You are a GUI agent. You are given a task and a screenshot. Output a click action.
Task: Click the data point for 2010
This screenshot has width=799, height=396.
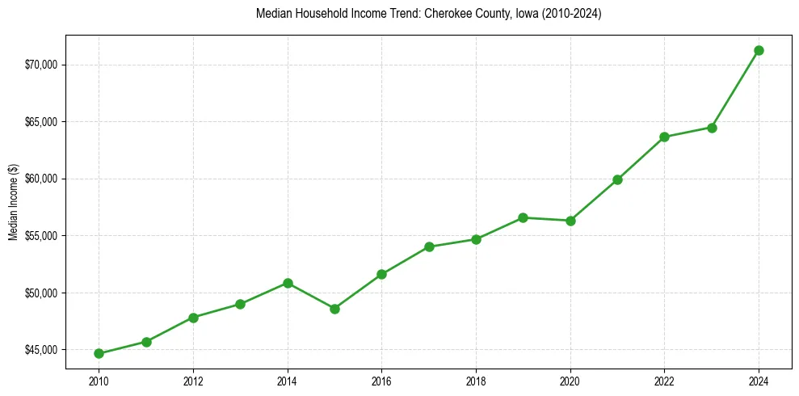pos(99,353)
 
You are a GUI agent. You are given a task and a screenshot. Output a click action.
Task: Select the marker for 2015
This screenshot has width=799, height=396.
pos(334,309)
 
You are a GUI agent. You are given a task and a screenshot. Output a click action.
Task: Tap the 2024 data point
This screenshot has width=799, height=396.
pos(759,50)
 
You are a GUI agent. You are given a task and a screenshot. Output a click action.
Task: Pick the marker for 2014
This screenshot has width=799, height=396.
pos(288,283)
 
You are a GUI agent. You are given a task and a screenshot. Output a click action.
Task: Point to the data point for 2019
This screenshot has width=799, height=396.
pos(523,217)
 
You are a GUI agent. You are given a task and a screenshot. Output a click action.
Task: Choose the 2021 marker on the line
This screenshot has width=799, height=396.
pos(617,179)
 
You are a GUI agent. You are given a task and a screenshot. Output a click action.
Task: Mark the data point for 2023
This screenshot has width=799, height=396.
pos(712,128)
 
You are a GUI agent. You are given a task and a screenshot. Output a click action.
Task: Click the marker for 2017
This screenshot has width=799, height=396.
pos(429,246)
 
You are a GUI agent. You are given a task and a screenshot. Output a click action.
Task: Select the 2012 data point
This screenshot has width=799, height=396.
pos(193,318)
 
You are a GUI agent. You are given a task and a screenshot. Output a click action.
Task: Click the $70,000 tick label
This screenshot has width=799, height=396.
pos(44,65)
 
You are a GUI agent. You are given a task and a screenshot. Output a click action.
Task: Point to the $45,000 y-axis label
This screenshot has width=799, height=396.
pos(44,350)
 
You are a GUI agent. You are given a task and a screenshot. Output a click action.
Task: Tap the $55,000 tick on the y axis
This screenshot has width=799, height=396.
pos(44,236)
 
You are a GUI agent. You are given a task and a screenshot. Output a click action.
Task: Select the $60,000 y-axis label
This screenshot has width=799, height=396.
pos(44,179)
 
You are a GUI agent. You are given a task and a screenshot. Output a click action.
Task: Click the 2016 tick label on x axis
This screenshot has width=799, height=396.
pos(381,381)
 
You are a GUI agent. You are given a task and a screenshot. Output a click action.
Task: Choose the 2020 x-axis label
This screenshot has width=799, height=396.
pos(570,381)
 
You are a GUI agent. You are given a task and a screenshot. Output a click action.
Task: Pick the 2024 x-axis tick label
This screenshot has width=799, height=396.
pos(759,381)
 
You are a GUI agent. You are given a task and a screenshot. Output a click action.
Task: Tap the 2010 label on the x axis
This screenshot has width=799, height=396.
pos(99,381)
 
